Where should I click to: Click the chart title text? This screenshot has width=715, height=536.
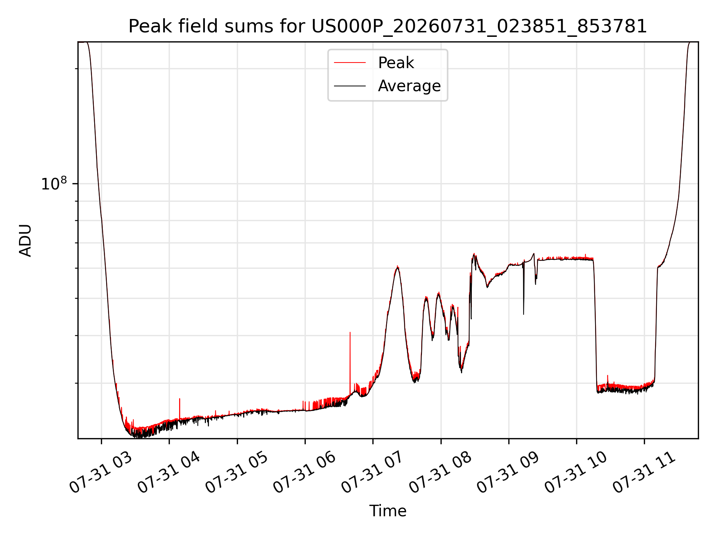(388, 27)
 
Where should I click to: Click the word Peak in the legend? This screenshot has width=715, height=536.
(396, 63)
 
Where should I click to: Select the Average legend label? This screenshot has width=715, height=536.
(409, 86)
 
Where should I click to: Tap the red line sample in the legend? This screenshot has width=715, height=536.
(350, 63)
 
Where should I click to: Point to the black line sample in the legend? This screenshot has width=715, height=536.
(350, 86)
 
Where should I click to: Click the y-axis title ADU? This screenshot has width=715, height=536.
(25, 240)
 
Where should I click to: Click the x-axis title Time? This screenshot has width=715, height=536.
(388, 511)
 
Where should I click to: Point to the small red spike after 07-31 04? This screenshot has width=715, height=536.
(180, 409)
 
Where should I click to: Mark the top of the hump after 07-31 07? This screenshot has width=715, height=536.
(398, 267)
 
